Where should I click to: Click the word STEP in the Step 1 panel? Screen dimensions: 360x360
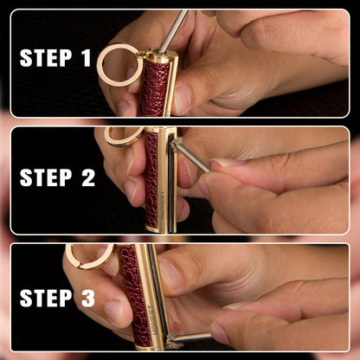click(46, 58)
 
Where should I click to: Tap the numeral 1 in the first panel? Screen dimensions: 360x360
click(87, 58)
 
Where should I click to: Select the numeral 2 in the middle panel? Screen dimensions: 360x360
click(88, 177)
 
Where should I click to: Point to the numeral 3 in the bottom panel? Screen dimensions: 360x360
click(88, 298)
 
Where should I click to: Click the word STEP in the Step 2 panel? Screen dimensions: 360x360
click(46, 177)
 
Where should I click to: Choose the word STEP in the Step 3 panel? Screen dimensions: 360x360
click(46, 298)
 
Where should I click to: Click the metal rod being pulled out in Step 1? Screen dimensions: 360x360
click(172, 32)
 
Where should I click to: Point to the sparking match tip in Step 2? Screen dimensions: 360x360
click(176, 145)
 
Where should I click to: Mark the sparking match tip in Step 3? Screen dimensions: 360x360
click(172, 340)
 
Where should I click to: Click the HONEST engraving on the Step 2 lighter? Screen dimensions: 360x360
click(163, 204)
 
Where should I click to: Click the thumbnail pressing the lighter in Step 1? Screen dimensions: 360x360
click(182, 100)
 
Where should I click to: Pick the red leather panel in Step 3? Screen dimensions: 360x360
click(133, 294)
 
